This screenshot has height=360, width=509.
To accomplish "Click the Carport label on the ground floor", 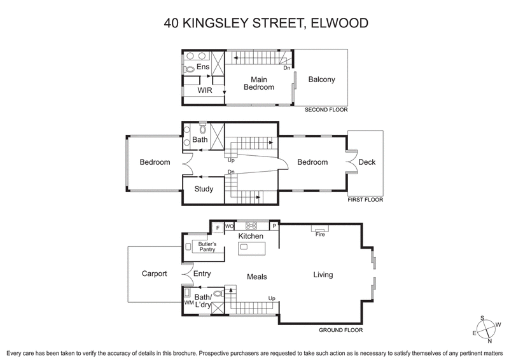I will [x=154, y=274].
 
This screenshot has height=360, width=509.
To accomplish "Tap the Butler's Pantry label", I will [x=206, y=247].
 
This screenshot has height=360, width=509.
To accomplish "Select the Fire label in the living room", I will [x=320, y=234].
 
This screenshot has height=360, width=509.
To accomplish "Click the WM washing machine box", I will [x=188, y=303].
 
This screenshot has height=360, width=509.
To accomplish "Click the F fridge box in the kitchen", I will [x=218, y=226].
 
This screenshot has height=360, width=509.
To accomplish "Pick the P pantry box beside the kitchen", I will [x=274, y=225].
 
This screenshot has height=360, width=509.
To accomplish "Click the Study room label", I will [x=204, y=189].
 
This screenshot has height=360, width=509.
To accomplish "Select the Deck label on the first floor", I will [x=366, y=162].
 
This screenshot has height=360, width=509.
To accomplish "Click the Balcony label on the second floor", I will [x=321, y=80].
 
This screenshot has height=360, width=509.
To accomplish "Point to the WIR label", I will [x=204, y=91].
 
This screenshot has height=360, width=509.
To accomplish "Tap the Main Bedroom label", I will [x=258, y=83].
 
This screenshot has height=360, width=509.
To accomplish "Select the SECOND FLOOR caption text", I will [x=326, y=109].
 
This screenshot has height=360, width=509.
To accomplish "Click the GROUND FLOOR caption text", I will [x=341, y=330].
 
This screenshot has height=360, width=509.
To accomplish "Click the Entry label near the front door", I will [x=202, y=274].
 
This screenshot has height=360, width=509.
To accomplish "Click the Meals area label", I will [x=256, y=277].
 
